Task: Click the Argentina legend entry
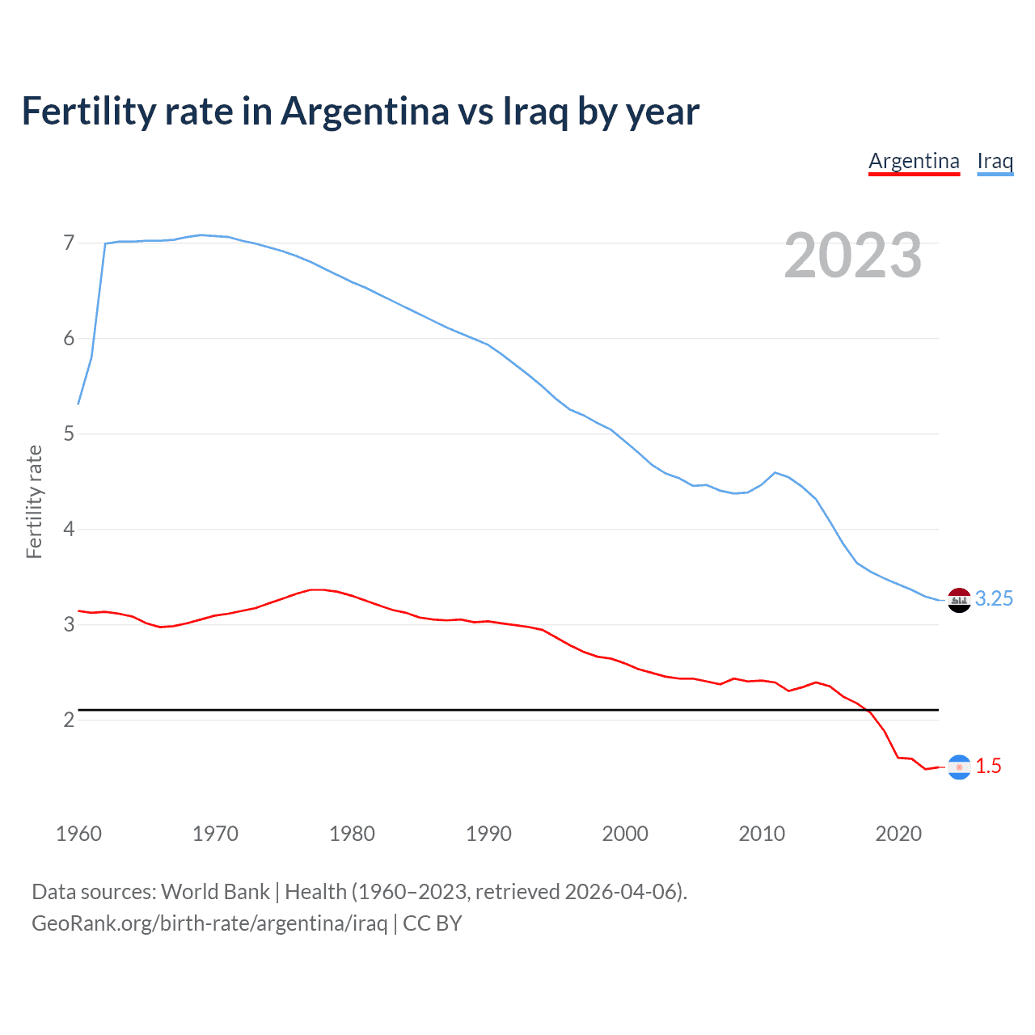(x=914, y=161)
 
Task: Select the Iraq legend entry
(x=995, y=161)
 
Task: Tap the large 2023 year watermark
(x=853, y=256)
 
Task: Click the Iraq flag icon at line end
(x=959, y=600)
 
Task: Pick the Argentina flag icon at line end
(x=959, y=767)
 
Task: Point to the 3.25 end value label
(x=994, y=598)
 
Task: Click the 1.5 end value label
(x=988, y=766)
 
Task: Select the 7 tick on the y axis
(x=69, y=243)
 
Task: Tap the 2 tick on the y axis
(x=69, y=720)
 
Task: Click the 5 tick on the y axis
(x=69, y=433)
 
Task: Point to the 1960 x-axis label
(x=78, y=834)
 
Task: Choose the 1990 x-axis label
(x=488, y=834)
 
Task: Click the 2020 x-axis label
(x=898, y=834)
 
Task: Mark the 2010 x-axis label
(x=762, y=834)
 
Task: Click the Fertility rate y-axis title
(x=34, y=501)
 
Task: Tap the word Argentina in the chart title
(x=365, y=112)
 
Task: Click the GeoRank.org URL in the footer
(x=209, y=923)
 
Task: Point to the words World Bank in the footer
(x=215, y=892)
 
